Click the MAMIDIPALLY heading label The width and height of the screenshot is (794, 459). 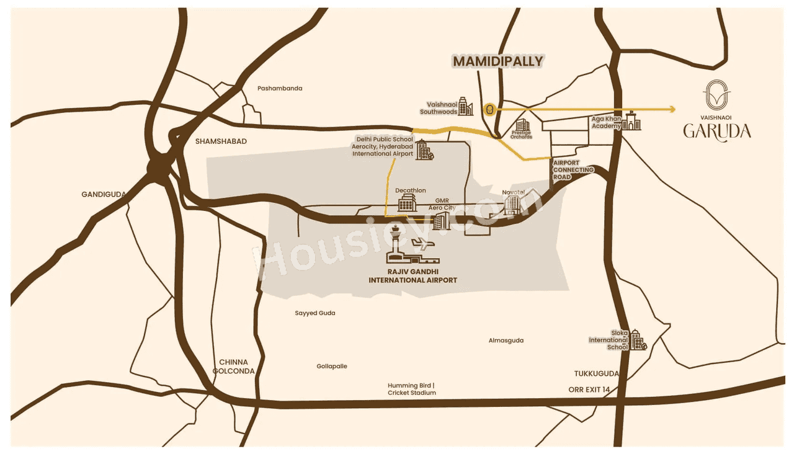coord(497,61)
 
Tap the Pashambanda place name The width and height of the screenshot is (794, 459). coord(280,88)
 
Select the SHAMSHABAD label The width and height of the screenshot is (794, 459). coord(221,141)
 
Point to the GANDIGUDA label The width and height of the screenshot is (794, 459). coord(104,194)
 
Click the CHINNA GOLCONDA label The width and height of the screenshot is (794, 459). coord(233,367)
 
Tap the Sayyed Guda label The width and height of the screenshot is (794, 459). coord(315,313)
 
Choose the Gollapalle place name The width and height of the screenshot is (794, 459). coord(332,366)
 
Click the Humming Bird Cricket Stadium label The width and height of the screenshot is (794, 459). coord(412,389)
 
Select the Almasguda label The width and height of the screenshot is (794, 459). coord(506,341)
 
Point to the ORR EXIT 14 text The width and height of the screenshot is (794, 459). coord(589,390)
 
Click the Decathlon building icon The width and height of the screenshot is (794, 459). coord(407,203)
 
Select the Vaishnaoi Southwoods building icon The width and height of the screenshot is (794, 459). coord(466,109)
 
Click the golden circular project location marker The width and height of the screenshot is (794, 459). coord(490,110)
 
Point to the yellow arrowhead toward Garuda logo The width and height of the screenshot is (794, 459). coord(671,110)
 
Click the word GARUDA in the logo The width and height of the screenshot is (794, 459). coord(717,131)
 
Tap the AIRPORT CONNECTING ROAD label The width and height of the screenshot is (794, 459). coord(573,169)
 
